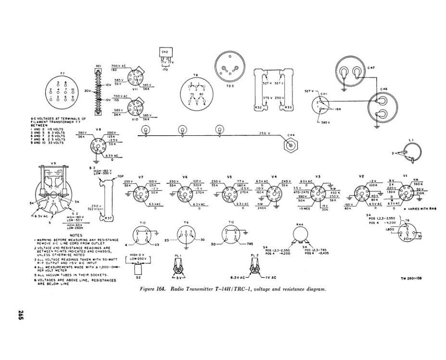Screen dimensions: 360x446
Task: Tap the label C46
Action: coord(383,90)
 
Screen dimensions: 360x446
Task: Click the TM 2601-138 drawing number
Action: coord(412,279)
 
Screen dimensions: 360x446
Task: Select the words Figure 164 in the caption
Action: coord(153,289)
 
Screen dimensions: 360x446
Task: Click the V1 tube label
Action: coord(405,176)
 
